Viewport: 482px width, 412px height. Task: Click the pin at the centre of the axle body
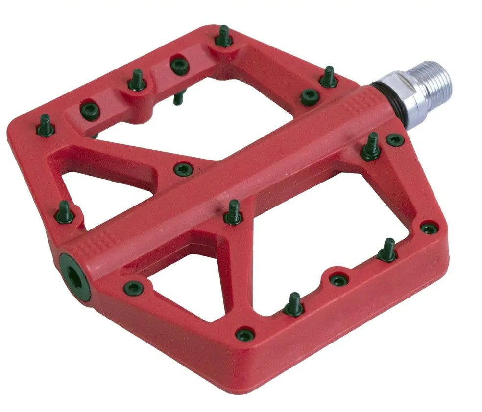coord(234,212)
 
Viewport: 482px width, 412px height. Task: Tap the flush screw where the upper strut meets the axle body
coord(183,169)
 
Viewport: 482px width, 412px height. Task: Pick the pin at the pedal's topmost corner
coord(223,38)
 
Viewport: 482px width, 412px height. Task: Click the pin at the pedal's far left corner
coord(46,126)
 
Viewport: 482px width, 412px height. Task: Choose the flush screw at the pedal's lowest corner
coord(245,335)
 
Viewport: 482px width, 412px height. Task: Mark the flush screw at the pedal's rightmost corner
coord(429,228)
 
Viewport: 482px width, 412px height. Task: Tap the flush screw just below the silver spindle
coord(395,140)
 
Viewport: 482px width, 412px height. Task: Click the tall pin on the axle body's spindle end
coord(371,147)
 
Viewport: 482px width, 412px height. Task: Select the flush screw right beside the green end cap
coord(133,288)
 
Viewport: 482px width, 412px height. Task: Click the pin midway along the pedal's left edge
coord(64,212)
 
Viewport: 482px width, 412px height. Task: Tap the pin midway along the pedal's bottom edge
coord(294,305)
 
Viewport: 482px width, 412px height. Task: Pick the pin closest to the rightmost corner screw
coord(387,250)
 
